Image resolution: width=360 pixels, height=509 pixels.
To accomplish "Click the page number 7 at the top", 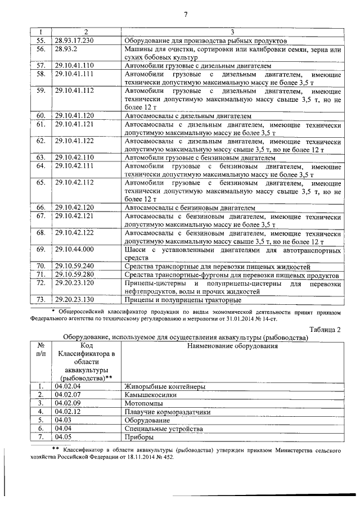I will [x=185, y=13].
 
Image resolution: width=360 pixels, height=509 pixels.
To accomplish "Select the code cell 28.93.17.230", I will [x=74, y=41].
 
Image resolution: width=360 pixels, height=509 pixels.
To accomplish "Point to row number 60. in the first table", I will [x=40, y=115].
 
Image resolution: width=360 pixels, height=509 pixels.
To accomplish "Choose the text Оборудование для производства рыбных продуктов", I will [x=206, y=41].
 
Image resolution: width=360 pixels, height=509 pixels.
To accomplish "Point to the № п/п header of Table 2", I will [x=40, y=350].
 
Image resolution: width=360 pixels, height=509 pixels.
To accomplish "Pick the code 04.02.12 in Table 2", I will [x=67, y=412].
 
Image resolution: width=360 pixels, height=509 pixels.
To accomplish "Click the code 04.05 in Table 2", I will [x=64, y=436].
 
